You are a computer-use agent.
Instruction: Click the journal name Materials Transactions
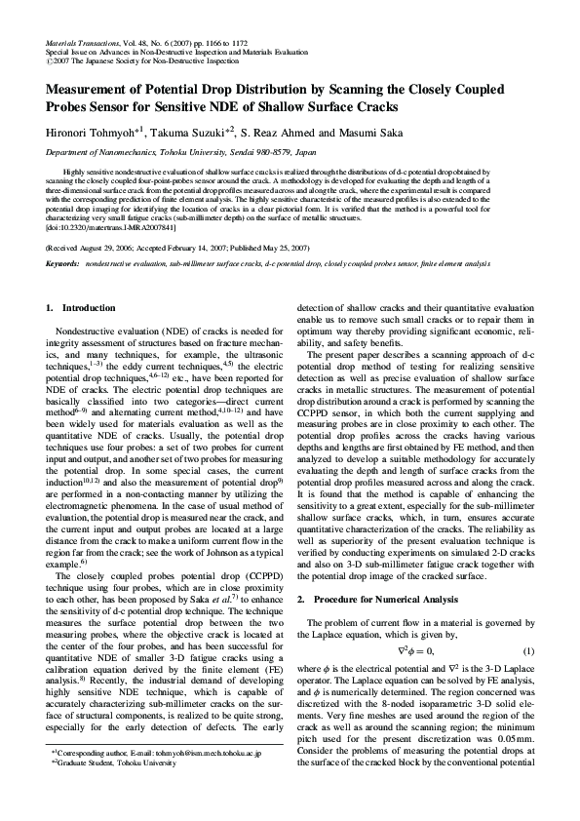pos(84,45)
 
